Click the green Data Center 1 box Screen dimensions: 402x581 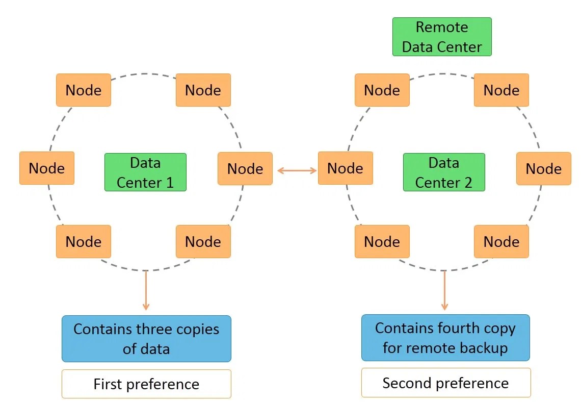(145, 172)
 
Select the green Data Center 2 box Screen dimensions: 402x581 (444, 172)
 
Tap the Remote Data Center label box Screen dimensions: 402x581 (442, 37)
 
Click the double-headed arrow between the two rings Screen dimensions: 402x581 (297, 170)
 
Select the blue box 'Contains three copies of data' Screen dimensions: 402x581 (146, 339)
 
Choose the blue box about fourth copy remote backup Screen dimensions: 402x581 (445, 338)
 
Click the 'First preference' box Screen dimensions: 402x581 (146, 384)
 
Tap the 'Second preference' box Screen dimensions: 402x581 (445, 383)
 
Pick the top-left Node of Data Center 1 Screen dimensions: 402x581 (84, 90)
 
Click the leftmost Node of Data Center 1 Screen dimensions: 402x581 (47, 168)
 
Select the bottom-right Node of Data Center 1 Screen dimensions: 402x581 (203, 241)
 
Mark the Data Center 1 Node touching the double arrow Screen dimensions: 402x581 (245, 169)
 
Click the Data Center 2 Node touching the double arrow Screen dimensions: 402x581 (345, 168)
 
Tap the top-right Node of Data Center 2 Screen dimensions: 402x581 (501, 90)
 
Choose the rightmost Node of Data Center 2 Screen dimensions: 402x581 (543, 169)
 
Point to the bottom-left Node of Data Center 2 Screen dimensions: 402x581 (382, 241)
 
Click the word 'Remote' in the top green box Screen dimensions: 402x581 (441, 27)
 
